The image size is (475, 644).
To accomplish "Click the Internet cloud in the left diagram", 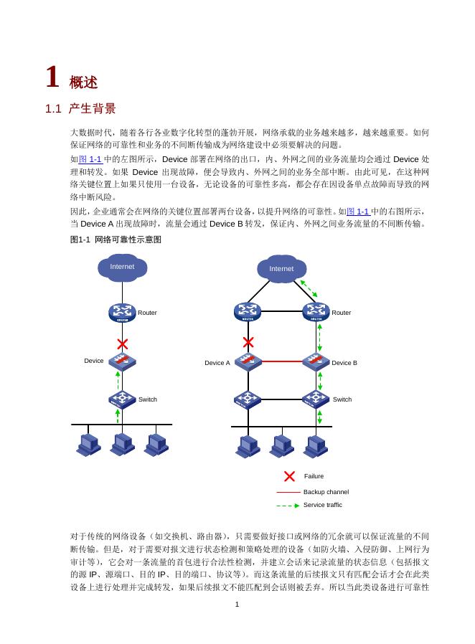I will tap(122, 267).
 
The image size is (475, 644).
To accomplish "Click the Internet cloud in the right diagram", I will tap(281, 268).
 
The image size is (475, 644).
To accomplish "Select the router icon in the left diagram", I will tap(123, 313).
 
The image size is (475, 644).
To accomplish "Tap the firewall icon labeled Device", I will tap(123, 360).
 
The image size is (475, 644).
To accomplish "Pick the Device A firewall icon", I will tap(248, 362).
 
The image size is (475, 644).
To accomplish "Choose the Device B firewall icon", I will tap(316, 362).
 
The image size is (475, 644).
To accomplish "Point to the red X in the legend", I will tap(290, 476).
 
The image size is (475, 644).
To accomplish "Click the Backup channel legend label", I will tap(326, 492).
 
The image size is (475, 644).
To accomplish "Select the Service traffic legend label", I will tap(323, 505).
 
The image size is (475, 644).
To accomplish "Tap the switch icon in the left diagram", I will tap(123, 399).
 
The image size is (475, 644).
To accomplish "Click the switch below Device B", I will tap(316, 399).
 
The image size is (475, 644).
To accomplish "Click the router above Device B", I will tap(316, 312).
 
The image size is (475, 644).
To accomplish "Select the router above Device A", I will tap(248, 312).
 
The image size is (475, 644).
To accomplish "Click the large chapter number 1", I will tap(52, 77).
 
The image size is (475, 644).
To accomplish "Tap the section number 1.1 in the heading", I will tap(55, 109).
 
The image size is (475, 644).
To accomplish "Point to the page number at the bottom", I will tap(237, 605).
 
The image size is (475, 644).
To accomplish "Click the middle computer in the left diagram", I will tap(123, 445).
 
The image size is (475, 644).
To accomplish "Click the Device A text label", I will tap(217, 363).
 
